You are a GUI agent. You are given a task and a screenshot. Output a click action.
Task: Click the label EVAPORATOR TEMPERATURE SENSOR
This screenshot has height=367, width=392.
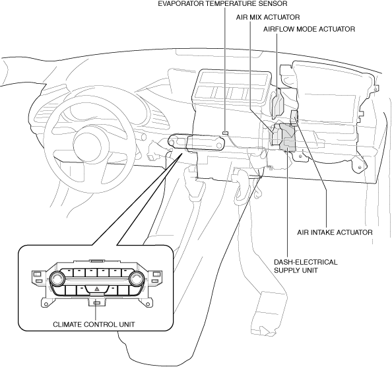(222, 3)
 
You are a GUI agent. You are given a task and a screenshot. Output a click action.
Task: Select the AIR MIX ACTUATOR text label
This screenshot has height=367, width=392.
(268, 17)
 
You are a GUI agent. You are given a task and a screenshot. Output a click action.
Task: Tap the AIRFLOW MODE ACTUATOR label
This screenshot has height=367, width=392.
(309, 29)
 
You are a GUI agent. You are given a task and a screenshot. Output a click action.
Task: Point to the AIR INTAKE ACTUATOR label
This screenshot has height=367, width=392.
(335, 232)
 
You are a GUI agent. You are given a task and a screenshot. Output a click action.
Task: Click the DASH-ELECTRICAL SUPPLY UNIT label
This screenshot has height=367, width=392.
(306, 266)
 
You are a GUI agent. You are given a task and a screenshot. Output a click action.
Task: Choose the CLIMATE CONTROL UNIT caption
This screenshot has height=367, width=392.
(94, 325)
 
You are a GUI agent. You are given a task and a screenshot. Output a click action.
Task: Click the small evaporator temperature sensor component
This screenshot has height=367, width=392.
(225, 133)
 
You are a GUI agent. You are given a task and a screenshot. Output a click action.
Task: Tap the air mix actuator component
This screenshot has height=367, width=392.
(277, 135)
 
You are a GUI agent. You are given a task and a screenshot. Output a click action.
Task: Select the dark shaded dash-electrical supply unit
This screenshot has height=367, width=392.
(288, 137)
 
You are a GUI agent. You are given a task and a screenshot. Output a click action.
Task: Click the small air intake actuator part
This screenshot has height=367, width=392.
(294, 118)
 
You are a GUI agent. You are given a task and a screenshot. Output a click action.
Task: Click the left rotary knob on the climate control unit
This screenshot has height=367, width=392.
(57, 279)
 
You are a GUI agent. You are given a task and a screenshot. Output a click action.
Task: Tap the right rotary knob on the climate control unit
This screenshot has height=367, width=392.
(137, 279)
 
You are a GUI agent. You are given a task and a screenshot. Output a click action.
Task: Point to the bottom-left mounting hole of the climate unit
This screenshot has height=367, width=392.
(46, 304)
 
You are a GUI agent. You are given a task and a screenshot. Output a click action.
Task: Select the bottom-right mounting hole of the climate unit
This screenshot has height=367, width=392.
(148, 304)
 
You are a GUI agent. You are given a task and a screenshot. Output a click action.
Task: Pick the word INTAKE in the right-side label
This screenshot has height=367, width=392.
(323, 232)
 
